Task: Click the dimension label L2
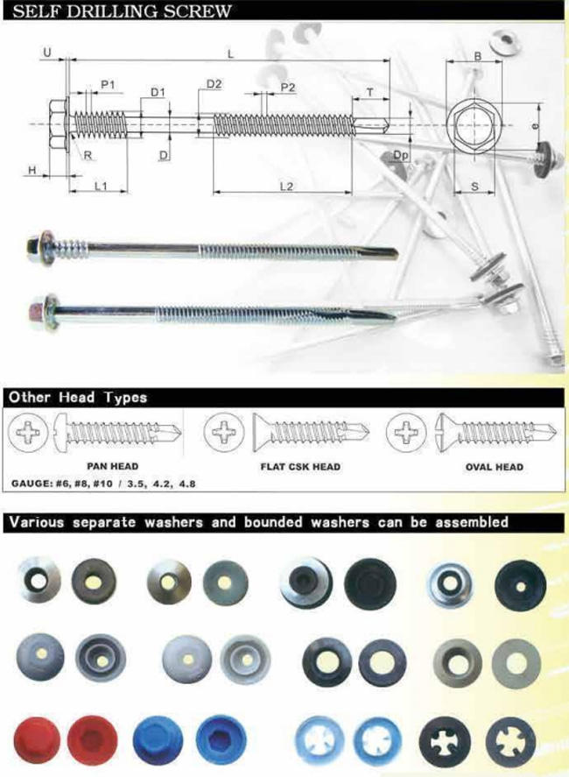[286, 186]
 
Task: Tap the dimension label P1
[108, 85]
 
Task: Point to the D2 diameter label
[214, 84]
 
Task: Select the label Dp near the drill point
[401, 155]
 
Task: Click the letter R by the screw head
[88, 155]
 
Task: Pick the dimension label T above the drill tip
[370, 92]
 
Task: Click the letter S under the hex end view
[475, 187]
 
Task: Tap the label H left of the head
[32, 170]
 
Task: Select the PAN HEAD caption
[112, 466]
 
